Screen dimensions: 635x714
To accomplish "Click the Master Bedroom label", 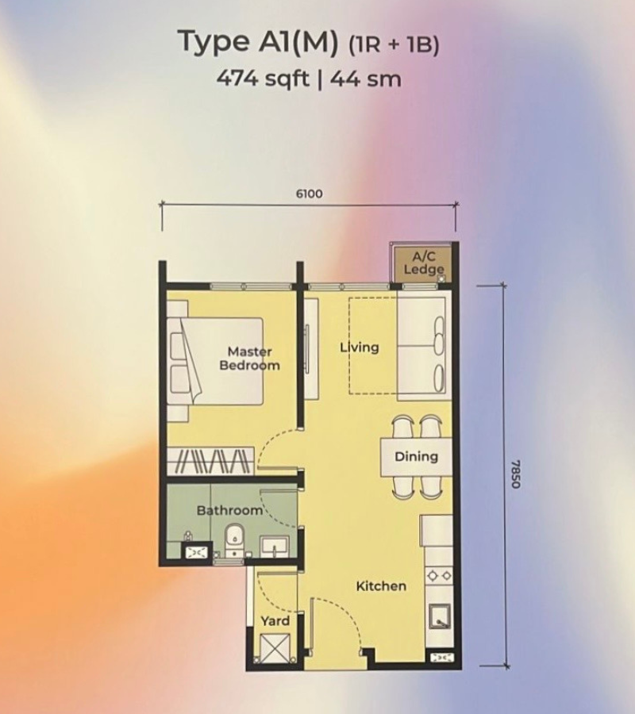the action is pyautogui.click(x=249, y=359).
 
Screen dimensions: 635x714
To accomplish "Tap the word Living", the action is pyautogui.click(x=360, y=347).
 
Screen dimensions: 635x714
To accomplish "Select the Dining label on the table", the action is pyautogui.click(x=417, y=456).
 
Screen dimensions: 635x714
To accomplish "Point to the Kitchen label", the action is pyautogui.click(x=381, y=586).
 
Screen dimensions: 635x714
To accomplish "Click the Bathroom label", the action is pyautogui.click(x=229, y=510).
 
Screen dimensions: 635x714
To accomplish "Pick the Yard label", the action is pyautogui.click(x=275, y=621).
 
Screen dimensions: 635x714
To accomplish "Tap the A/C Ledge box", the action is pyautogui.click(x=424, y=264).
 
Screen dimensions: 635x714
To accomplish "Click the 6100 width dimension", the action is pyautogui.click(x=310, y=194).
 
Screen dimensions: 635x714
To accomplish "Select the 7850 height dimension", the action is pyautogui.click(x=515, y=474).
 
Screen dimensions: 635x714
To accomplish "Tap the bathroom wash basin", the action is pyautogui.click(x=274, y=546).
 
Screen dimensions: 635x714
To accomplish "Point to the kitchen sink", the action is pyautogui.click(x=439, y=617).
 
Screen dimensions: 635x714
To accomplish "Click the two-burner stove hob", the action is pyautogui.click(x=439, y=576).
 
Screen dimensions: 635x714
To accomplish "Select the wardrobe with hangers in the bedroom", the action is pyautogui.click(x=210, y=461).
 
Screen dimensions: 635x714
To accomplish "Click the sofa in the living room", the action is pyautogui.click(x=425, y=346).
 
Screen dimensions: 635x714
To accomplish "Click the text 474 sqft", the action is pyautogui.click(x=263, y=79).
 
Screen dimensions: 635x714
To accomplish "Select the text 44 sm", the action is pyautogui.click(x=366, y=79).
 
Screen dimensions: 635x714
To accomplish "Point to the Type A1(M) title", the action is pyautogui.click(x=258, y=41).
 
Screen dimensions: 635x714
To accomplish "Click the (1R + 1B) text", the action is pyautogui.click(x=394, y=44).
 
